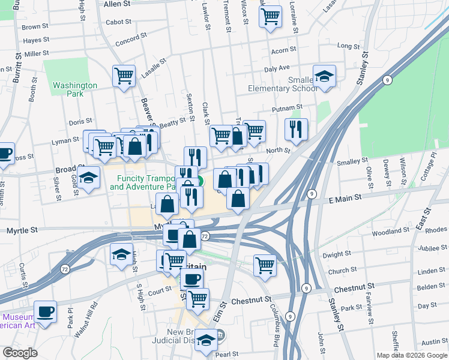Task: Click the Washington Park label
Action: click(74, 89)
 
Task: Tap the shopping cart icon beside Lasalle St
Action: click(124, 76)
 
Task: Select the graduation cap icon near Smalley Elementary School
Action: click(324, 76)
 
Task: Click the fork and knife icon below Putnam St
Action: click(296, 128)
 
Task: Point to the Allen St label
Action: click(117, 4)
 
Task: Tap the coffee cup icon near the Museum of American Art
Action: click(45, 311)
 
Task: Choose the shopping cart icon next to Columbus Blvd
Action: click(265, 264)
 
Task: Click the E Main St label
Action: click(343, 197)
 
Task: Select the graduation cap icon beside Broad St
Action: click(89, 178)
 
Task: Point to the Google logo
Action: click(20, 353)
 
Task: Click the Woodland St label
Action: click(390, 232)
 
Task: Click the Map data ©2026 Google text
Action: click(411, 355)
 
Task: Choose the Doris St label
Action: click(80, 122)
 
